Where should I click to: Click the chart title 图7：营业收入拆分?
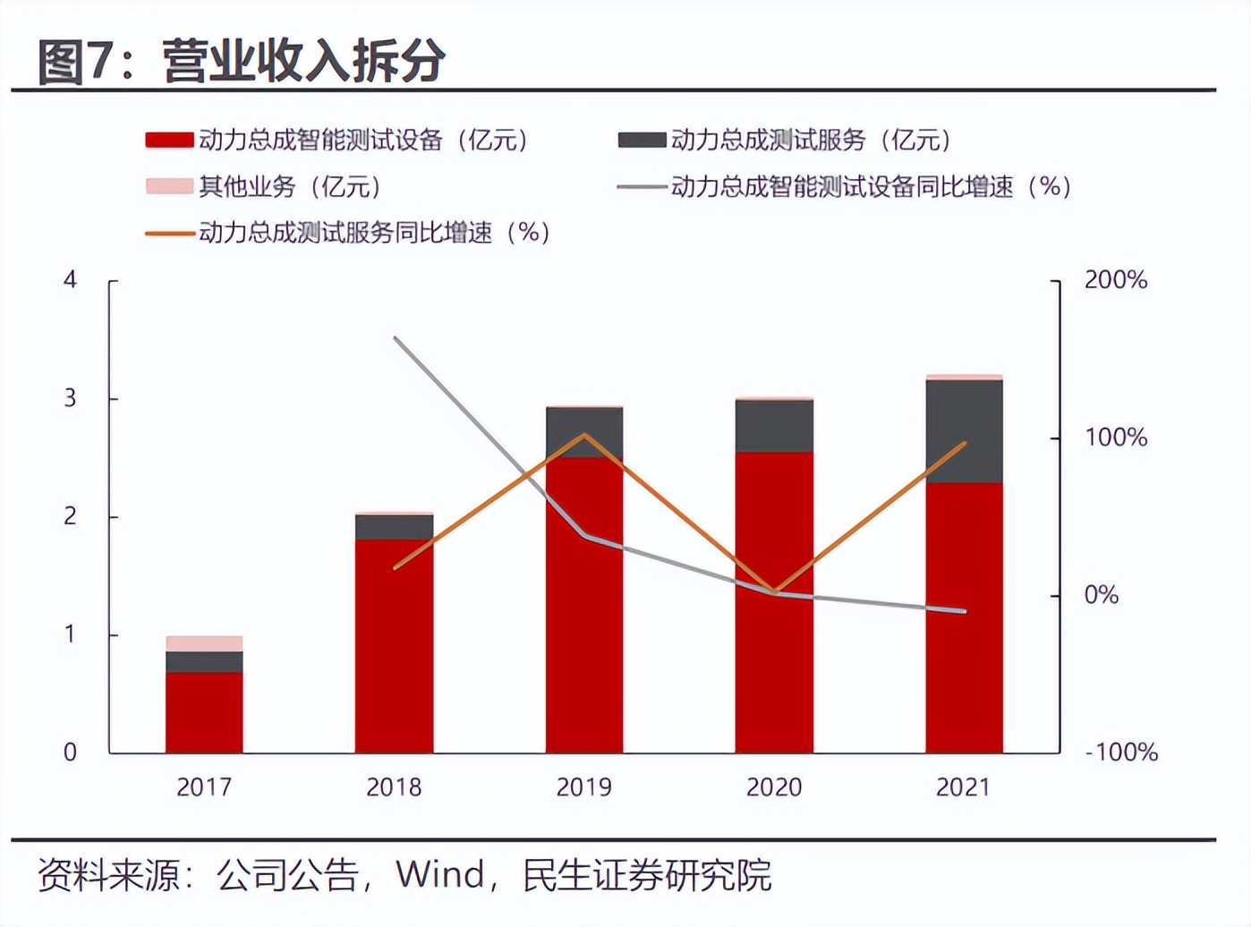[x=242, y=61]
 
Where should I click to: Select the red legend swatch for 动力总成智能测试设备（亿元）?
[x=169, y=140]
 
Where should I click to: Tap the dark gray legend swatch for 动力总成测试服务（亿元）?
[x=642, y=140]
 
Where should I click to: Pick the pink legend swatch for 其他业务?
[x=169, y=187]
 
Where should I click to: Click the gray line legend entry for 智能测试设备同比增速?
[x=642, y=187]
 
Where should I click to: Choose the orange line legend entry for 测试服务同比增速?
[x=169, y=234]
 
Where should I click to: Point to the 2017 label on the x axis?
[x=204, y=787]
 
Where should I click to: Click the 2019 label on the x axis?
[x=583, y=787]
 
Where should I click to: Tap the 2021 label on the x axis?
[x=963, y=787]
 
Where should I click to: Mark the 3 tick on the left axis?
[x=70, y=398]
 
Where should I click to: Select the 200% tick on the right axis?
[x=1115, y=280]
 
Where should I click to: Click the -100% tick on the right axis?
[x=1121, y=753]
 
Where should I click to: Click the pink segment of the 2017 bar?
[x=204, y=643]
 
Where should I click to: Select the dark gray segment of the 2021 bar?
[x=964, y=430]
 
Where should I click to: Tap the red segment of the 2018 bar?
[x=394, y=644]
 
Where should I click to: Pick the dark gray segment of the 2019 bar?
[x=584, y=432]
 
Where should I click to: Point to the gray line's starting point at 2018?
[x=396, y=338]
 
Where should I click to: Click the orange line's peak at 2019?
[x=584, y=436]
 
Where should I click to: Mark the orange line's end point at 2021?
[x=965, y=443]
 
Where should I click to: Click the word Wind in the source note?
[x=440, y=875]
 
